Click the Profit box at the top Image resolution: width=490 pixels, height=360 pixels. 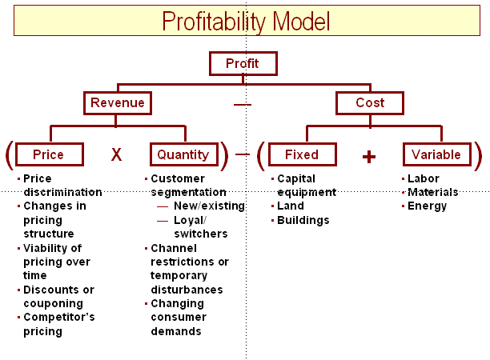pos(243,63)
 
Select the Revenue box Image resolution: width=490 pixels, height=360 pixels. pos(118,102)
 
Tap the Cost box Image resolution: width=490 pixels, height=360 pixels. pos(369,102)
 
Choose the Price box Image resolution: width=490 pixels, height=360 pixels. pos(49,154)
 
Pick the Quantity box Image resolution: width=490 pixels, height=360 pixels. pos(183,154)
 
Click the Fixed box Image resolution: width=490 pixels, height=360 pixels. pos(302,154)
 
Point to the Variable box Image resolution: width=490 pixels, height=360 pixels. pos(436,154)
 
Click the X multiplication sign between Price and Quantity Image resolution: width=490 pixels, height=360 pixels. pos(116,154)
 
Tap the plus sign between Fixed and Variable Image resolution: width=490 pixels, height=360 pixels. pos(368,157)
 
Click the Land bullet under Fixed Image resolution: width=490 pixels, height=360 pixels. pos(291,206)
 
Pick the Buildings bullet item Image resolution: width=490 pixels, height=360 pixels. pos(303,220)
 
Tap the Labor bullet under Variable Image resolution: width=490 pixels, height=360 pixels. pos(424,178)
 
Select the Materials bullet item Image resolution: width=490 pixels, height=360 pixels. pos(432,192)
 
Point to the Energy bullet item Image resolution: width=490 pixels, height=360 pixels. pos(427,206)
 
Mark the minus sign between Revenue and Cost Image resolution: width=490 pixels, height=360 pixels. pos(243,105)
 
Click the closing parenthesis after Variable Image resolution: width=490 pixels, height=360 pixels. pos(478,155)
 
